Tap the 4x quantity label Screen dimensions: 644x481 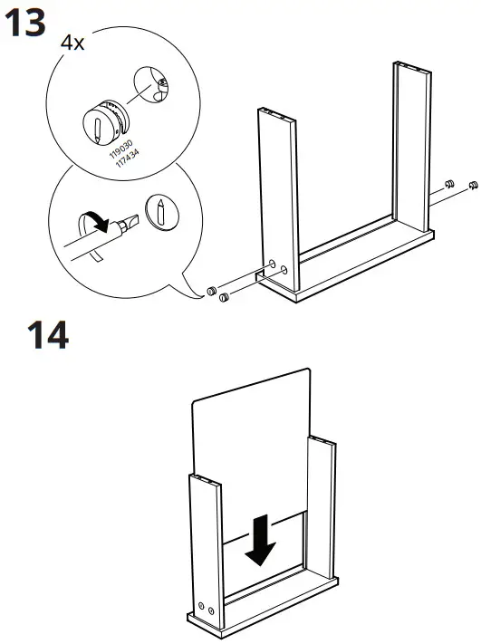pyautogui.click(x=72, y=43)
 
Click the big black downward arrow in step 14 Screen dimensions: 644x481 pyautogui.click(x=263, y=540)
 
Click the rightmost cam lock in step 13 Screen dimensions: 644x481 pyautogui.click(x=472, y=186)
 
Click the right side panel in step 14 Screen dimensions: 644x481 pyautogui.click(x=321, y=507)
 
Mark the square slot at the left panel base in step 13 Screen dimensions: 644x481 pyautogui.click(x=261, y=269)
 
